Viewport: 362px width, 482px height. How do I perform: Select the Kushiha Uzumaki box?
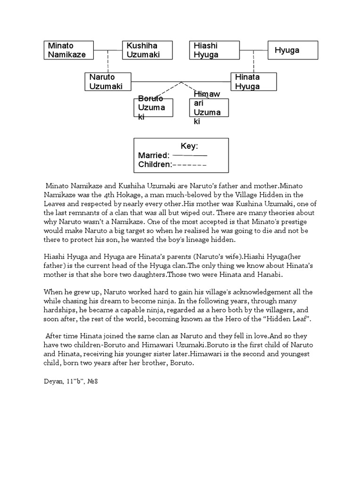[x=146, y=50]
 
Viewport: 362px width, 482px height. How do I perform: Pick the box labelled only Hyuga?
[x=293, y=50]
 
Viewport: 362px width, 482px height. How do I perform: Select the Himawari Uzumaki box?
[x=209, y=108]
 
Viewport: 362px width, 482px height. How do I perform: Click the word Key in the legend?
[x=189, y=146]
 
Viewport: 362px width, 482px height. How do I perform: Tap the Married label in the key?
[x=154, y=155]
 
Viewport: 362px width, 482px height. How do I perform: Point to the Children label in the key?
[x=155, y=164]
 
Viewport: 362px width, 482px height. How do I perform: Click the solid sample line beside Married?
[x=190, y=155]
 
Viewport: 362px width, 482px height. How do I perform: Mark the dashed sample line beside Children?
[x=190, y=165]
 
